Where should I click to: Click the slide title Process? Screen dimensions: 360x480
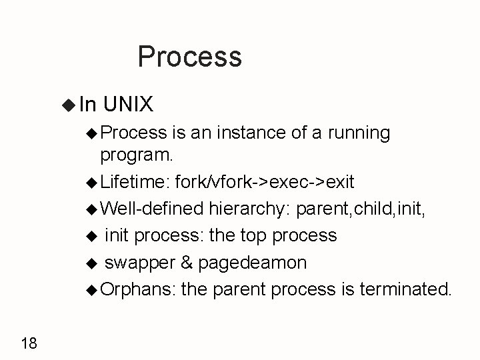click(x=189, y=57)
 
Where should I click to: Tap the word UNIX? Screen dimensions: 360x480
click(x=129, y=104)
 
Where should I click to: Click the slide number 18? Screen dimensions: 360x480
click(x=29, y=343)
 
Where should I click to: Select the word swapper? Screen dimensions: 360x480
click(x=140, y=263)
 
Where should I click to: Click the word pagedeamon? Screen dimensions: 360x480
click(x=252, y=263)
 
